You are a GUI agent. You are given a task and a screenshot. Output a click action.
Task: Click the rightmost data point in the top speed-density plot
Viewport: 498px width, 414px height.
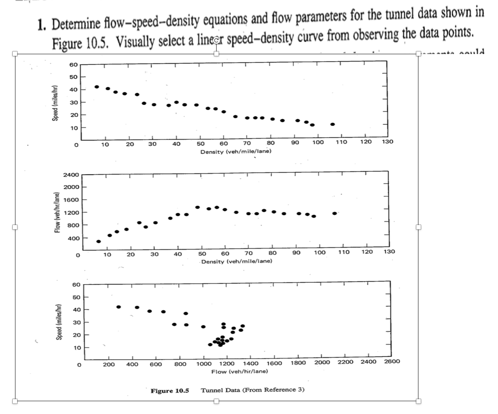332,124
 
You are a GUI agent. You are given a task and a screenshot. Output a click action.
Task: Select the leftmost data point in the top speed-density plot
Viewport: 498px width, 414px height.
97,87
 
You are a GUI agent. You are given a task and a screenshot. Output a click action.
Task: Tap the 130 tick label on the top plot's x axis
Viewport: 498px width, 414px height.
387,142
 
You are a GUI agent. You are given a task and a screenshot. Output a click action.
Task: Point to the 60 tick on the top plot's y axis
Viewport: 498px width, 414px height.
73,65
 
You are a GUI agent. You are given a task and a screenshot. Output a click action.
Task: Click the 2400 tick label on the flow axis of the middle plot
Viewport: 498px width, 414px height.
71,175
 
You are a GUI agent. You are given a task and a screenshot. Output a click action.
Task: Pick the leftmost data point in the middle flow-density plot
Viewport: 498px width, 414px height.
99,241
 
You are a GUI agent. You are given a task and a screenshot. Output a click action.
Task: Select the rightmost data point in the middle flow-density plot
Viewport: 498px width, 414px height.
334,213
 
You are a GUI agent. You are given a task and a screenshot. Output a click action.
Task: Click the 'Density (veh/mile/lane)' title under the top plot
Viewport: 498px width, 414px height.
236,152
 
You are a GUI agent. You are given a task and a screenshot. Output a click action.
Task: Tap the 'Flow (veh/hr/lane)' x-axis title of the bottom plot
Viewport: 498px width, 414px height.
240,371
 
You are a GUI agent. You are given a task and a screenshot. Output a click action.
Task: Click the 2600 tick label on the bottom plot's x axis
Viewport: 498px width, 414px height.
392,361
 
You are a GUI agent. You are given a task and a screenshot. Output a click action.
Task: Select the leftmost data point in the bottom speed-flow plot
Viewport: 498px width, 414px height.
119,307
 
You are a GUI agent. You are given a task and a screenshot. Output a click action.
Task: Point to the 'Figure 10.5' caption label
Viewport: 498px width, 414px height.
170,390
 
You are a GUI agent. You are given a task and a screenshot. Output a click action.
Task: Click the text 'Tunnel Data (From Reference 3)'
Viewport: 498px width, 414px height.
252,390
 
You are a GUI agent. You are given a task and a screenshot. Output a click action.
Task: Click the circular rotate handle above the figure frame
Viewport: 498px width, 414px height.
216,40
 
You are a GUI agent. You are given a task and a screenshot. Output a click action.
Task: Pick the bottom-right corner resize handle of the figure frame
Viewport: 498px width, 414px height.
418,401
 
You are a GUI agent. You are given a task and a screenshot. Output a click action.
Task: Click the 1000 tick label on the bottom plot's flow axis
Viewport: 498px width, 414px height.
204,364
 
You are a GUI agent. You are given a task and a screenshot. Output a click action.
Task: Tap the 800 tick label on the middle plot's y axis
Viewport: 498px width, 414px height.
73,225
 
